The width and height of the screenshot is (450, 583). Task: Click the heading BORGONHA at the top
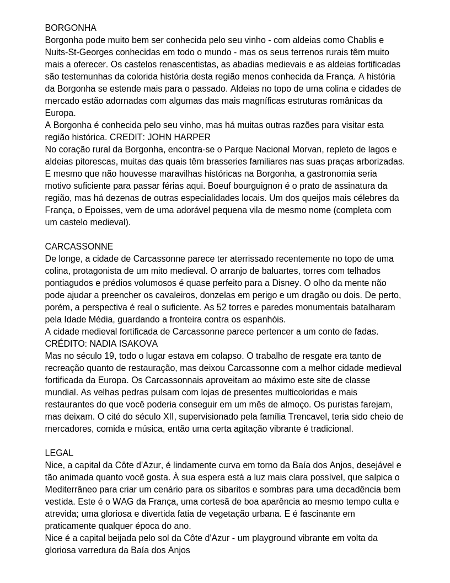(x=71, y=28)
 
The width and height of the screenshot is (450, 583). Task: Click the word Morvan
(x=298, y=150)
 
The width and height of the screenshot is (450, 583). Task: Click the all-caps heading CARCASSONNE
(x=79, y=247)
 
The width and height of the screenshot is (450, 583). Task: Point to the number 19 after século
(x=109, y=356)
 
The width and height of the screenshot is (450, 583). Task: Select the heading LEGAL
(x=59, y=453)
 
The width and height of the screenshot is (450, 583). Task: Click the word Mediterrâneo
(x=74, y=490)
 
